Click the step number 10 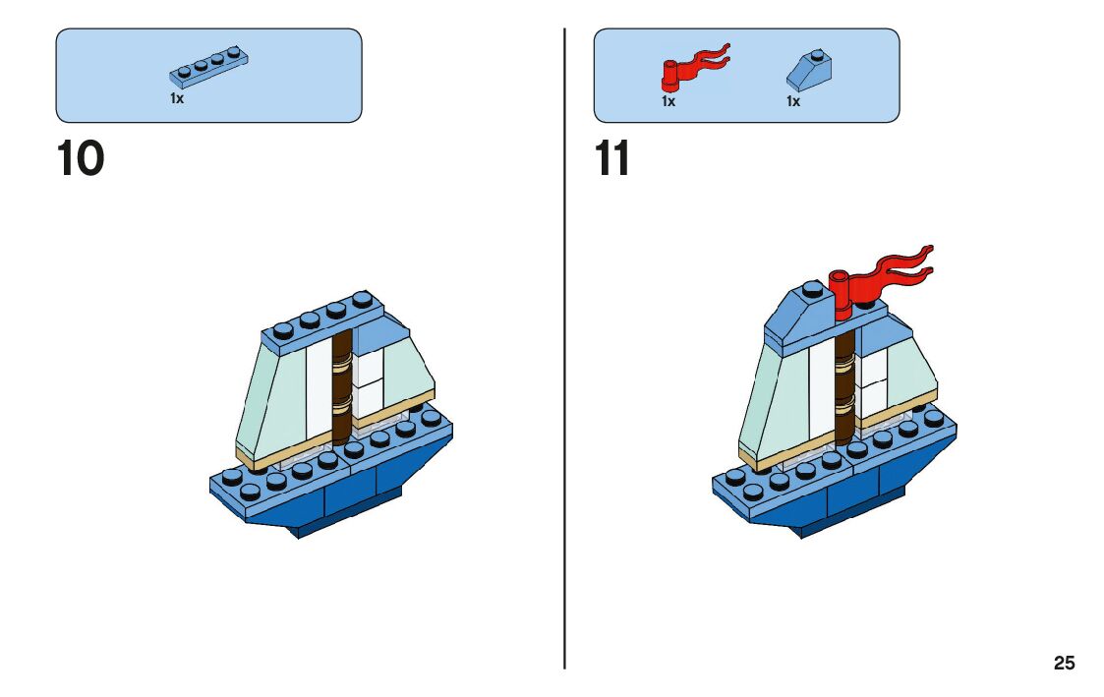[81, 159]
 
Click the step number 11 [612, 159]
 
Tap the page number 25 [1064, 664]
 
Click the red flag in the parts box [693, 67]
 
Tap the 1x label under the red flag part [668, 101]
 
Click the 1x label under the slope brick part [792, 101]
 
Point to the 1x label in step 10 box [177, 99]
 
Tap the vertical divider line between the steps [564, 393]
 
